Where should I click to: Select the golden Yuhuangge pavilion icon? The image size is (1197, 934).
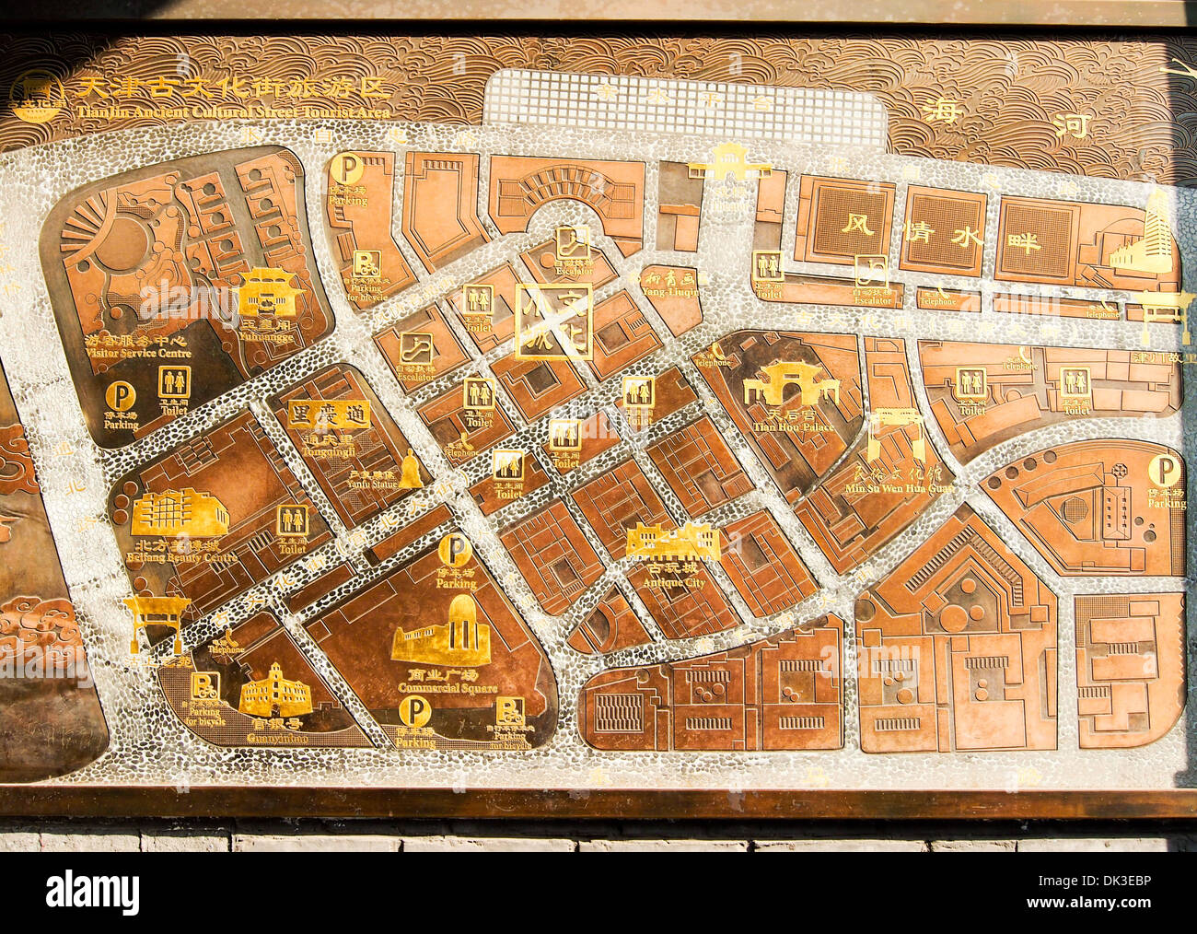pos(270,292)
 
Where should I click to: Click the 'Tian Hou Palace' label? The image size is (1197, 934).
pos(793,426)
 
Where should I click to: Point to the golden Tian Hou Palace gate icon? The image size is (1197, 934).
pos(791,385)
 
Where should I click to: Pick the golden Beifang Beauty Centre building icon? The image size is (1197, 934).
pos(180,512)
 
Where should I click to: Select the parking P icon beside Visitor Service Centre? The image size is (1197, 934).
pos(120,396)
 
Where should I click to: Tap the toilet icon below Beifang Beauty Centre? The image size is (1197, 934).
pos(293,520)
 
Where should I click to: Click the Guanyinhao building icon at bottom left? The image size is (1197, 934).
pos(274,689)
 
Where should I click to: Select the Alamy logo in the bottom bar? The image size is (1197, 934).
pos(92,892)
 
